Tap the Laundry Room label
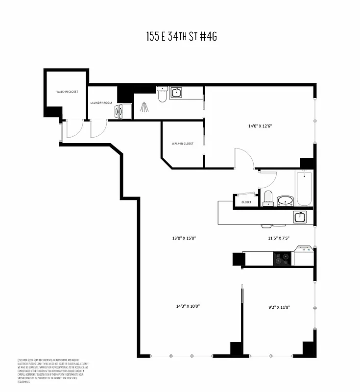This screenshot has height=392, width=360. click(x=101, y=103)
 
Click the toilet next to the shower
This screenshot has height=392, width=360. click(x=162, y=95)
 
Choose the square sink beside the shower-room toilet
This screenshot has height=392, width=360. click(x=176, y=93)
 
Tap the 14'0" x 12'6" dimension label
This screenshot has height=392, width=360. click(x=260, y=126)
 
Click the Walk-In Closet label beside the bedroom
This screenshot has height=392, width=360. click(x=182, y=144)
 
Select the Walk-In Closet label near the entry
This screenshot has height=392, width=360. click(x=67, y=92)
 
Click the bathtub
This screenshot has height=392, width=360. click(x=303, y=189)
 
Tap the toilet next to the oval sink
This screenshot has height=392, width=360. click(x=268, y=198)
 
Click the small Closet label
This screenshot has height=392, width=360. click(x=246, y=202)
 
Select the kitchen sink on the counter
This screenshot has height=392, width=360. click(x=300, y=217)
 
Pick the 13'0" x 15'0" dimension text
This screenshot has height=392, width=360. click(x=184, y=238)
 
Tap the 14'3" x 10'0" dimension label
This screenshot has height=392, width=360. click(x=188, y=306)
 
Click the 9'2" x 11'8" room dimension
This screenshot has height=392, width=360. click(x=280, y=308)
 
